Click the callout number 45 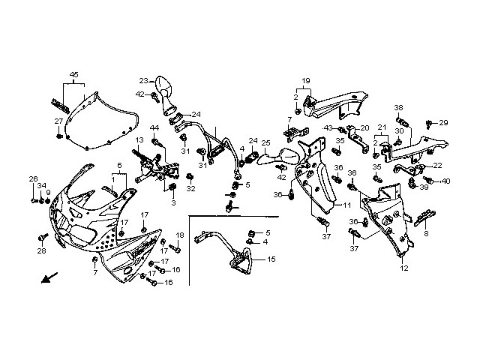73,74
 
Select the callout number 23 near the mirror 142,81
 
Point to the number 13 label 139,140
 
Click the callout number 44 154,128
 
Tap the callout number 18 179,235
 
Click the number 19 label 305,80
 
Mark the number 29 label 443,122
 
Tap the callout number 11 347,204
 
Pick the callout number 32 190,189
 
